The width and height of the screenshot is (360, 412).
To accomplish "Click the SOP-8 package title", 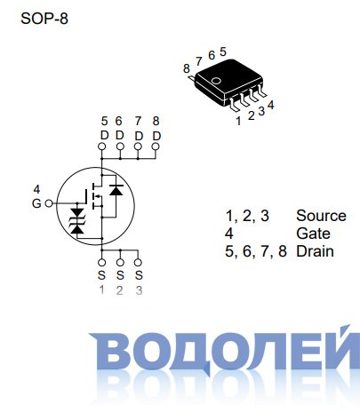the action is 44,19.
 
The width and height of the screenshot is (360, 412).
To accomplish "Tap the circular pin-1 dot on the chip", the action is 217,81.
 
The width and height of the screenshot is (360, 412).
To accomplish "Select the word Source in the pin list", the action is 321,216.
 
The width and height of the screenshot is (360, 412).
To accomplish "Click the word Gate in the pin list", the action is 313,234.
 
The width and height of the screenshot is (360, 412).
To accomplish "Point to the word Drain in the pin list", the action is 315,251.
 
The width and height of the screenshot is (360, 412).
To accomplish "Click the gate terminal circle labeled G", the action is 49,203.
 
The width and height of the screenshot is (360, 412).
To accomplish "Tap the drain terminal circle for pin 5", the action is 101,147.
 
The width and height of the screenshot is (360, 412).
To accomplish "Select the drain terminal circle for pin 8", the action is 156,147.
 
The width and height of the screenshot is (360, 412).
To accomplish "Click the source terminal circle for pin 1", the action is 101,263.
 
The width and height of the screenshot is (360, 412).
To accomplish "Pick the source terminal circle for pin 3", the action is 138,263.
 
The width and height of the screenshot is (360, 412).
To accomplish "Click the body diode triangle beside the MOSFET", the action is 116,190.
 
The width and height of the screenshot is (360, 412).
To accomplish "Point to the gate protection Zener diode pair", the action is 77,221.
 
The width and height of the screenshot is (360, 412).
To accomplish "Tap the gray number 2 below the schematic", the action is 119,290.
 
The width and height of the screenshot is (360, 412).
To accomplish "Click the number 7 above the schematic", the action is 138,121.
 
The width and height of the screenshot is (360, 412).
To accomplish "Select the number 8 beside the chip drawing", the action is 186,68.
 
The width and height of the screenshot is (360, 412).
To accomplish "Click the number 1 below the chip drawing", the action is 238,121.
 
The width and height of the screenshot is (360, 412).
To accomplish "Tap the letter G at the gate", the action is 36,203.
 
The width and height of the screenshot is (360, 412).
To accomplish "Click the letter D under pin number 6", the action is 119,136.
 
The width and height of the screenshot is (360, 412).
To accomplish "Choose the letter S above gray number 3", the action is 139,275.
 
